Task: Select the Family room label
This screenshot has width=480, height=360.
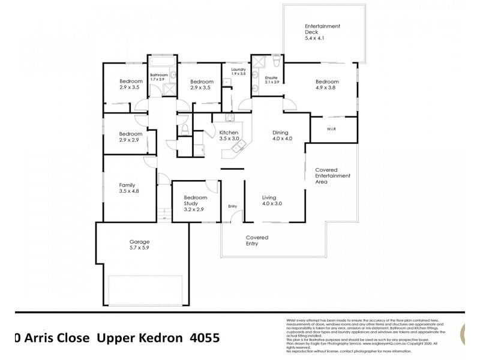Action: click(x=127, y=188)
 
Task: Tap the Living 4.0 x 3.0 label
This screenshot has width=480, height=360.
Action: click(x=272, y=200)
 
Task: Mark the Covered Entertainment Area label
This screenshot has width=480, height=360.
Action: click(x=332, y=175)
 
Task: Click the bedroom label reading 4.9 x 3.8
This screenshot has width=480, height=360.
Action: click(x=327, y=85)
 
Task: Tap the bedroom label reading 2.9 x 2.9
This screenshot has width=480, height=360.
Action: click(x=130, y=137)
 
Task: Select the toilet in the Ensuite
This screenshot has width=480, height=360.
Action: click(x=275, y=61)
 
